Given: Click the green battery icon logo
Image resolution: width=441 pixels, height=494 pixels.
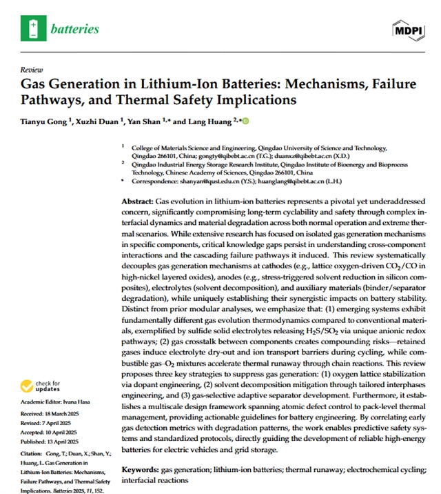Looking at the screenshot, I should click(x=32, y=28).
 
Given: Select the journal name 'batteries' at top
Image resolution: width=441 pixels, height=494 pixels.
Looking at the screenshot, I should click(x=74, y=29).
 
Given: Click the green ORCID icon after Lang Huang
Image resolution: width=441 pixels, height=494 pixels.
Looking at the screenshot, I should click(x=244, y=121).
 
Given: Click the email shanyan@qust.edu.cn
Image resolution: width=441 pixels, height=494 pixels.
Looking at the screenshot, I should click(x=198, y=181).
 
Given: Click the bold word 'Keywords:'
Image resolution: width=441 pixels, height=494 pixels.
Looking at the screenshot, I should click(x=141, y=470).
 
